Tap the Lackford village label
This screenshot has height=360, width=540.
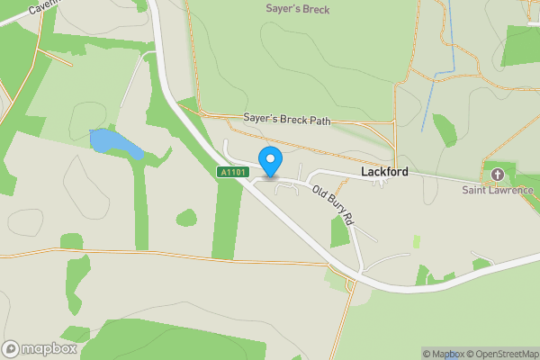tap(385, 171)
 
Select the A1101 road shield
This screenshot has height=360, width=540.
tap(230, 171)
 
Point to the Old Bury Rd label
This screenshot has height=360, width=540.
tap(334, 204)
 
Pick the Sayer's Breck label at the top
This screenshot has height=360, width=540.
tap(298, 10)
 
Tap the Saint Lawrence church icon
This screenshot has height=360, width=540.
tap(497, 174)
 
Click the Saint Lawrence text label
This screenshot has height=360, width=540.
tap(498, 190)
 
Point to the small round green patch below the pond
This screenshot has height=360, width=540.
tap(186, 218)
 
